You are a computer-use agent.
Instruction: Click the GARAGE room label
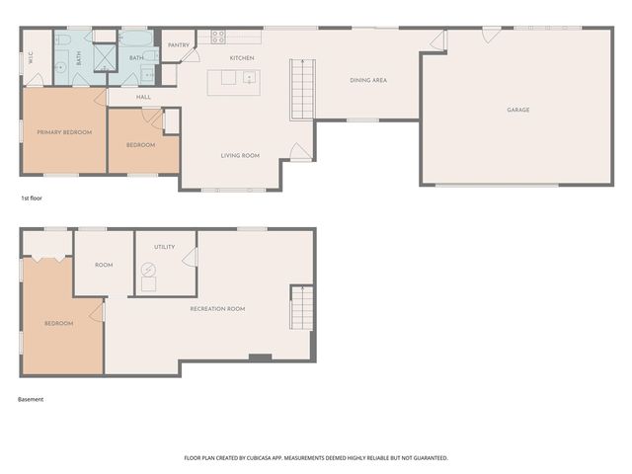tap(517, 110)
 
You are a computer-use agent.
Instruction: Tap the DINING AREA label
tap(368, 80)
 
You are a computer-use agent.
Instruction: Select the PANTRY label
tap(179, 45)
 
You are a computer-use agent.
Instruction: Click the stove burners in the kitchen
tap(218, 37)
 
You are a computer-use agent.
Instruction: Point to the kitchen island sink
tap(249, 77)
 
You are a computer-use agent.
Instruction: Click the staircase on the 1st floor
tap(302, 90)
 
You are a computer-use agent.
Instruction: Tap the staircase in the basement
tap(302, 308)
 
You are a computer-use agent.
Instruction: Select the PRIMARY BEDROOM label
tap(64, 132)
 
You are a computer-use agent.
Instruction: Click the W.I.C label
tap(31, 57)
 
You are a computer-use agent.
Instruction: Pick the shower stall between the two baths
tap(105, 57)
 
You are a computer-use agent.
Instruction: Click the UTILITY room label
tap(165, 247)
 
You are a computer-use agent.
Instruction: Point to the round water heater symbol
tap(148, 270)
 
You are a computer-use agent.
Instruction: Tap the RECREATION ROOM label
tap(217, 309)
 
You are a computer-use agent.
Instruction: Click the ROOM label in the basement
tap(104, 265)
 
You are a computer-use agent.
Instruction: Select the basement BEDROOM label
tap(59, 323)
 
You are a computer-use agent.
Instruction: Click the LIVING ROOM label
tap(240, 156)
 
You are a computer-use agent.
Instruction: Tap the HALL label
tap(143, 97)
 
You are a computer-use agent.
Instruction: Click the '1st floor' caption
tap(32, 197)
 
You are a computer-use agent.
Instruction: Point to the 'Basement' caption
tap(31, 399)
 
